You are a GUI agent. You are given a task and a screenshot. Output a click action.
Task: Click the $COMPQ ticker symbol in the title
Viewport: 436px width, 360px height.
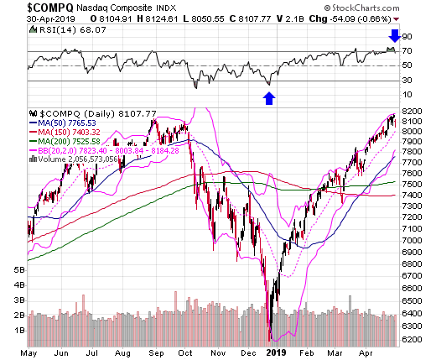pos(50,8)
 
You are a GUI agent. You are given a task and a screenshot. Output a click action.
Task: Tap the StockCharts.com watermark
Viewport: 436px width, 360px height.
pos(361,8)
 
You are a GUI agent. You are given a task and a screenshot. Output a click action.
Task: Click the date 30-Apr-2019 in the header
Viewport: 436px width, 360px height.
pos(51,19)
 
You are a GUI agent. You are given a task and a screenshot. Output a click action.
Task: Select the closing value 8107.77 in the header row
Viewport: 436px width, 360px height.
pos(254,19)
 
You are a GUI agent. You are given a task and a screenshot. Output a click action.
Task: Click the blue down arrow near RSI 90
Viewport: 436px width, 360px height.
pos(395,36)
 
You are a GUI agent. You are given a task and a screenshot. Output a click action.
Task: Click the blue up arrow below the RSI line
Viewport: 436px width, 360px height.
pos(269,98)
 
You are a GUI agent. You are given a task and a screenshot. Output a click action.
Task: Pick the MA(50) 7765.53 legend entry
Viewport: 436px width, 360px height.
pos(63,123)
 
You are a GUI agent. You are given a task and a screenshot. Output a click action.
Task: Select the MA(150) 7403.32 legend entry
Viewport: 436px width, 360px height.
pos(65,133)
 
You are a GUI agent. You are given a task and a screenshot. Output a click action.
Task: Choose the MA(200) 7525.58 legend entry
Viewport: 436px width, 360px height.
pos(65,142)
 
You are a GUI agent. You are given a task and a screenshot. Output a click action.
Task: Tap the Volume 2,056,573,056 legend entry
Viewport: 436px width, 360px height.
pos(73,159)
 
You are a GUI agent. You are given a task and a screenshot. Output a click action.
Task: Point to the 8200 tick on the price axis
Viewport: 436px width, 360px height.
pos(412,112)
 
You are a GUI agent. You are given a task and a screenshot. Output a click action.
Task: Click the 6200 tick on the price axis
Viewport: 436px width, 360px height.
pos(412,340)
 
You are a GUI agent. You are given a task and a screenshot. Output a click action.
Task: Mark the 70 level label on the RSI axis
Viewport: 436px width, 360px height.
pos(407,51)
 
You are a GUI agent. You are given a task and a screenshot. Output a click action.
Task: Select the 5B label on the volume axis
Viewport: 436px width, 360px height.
pos(19,270)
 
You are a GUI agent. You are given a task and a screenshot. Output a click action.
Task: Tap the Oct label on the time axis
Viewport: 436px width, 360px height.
pos(185,353)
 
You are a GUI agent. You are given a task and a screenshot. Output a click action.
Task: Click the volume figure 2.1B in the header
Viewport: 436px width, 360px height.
pos(294,19)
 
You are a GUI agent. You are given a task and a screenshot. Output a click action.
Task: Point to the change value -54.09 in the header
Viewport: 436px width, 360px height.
pos(342,19)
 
